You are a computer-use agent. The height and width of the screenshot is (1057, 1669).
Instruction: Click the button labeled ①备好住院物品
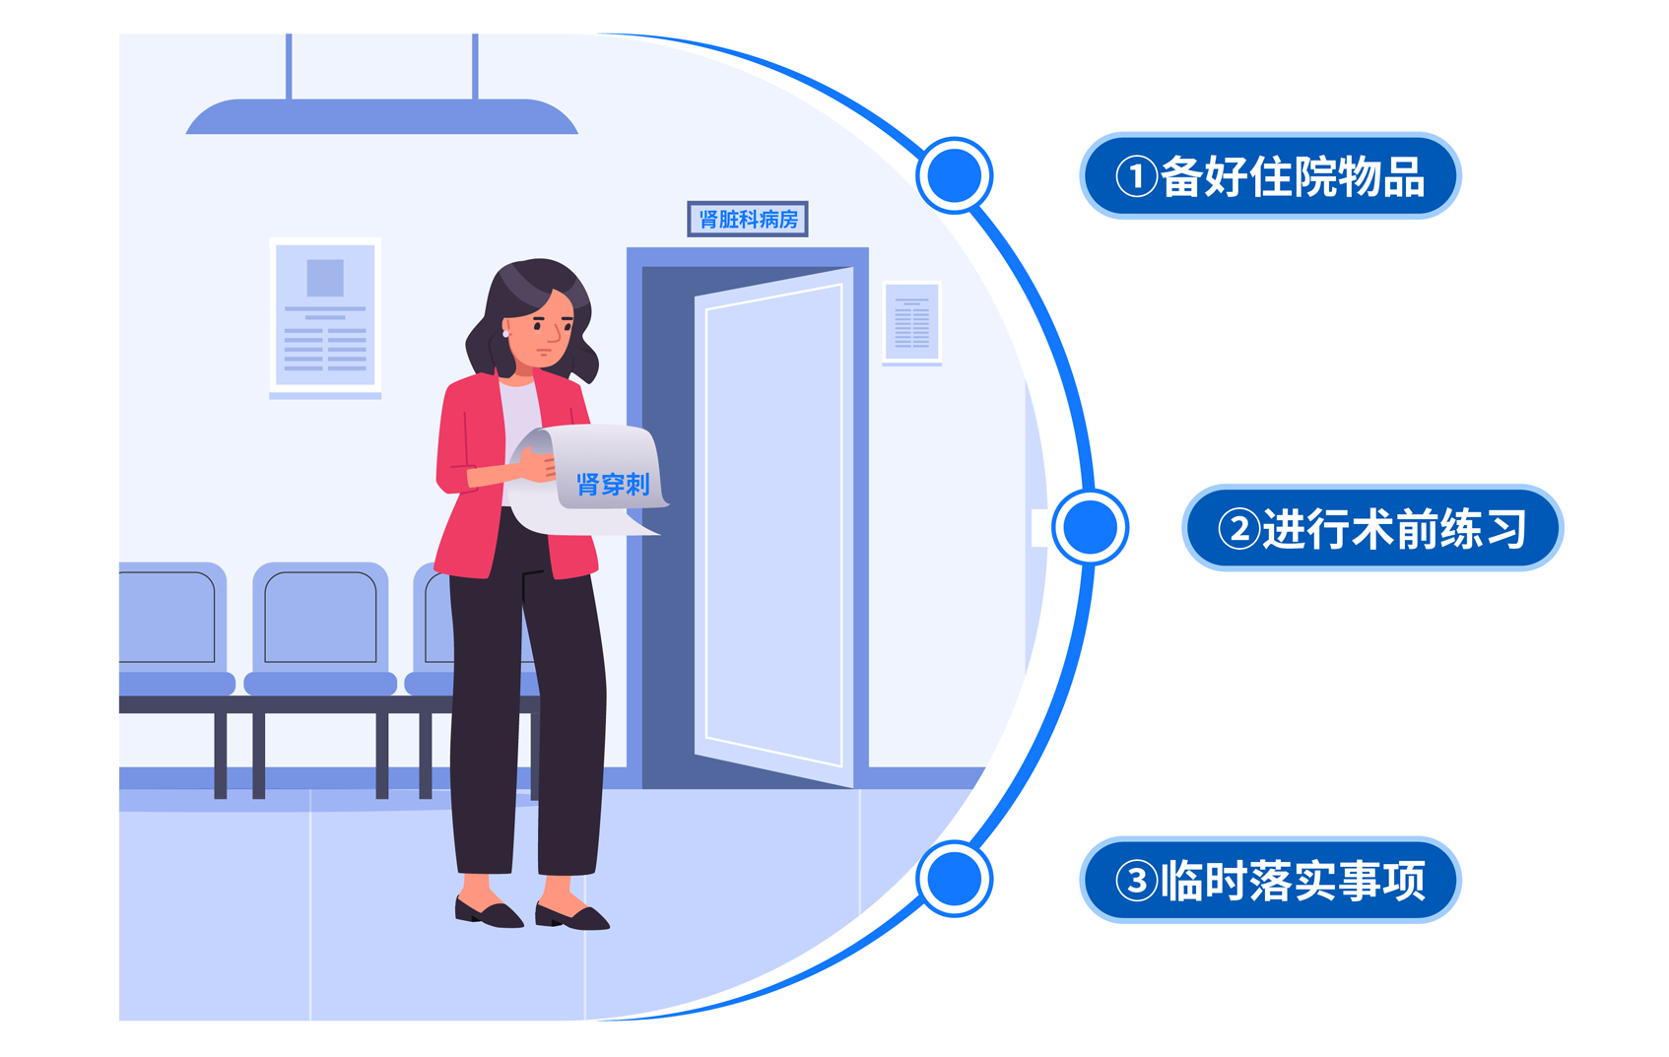(x=1270, y=175)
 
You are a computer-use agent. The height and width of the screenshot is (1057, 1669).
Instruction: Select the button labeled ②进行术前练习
(x=1372, y=528)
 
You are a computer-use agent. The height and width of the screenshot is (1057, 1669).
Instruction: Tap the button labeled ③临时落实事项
(x=1270, y=880)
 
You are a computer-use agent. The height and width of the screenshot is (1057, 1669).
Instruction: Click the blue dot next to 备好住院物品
(x=954, y=175)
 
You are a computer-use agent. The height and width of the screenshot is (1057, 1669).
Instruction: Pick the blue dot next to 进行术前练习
(x=1090, y=527)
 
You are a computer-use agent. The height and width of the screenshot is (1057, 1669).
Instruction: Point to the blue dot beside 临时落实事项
(x=954, y=879)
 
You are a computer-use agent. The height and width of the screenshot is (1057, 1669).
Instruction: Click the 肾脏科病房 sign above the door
(x=748, y=219)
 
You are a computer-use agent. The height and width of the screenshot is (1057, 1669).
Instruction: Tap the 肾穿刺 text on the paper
(x=613, y=485)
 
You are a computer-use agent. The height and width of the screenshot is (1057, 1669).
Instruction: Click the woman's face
(x=543, y=329)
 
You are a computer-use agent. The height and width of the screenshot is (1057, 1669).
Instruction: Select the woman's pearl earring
(x=505, y=334)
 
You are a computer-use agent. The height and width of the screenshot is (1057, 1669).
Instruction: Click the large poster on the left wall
(x=325, y=316)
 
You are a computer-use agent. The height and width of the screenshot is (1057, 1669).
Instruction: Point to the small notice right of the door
(x=911, y=322)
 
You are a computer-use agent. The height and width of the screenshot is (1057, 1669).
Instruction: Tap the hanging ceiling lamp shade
(x=381, y=117)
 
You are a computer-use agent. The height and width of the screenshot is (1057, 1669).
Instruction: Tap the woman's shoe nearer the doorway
(x=572, y=916)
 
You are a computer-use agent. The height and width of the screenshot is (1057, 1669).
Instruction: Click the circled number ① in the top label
(x=1136, y=177)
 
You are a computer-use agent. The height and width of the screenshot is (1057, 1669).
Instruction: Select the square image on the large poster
(x=325, y=278)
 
